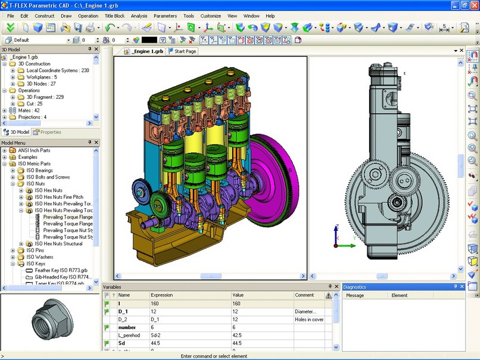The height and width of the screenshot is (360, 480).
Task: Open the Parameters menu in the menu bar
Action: (x=165, y=15)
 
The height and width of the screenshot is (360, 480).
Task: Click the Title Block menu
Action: (x=114, y=15)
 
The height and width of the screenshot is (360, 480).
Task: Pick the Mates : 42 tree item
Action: (x=29, y=111)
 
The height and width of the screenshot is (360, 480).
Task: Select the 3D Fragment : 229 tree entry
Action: (x=45, y=97)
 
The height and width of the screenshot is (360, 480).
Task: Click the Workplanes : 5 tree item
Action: (x=42, y=77)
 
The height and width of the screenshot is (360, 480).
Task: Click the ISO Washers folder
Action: (x=40, y=257)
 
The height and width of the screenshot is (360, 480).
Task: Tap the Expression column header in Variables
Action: (x=162, y=295)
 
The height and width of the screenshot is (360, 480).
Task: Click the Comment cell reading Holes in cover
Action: (x=310, y=320)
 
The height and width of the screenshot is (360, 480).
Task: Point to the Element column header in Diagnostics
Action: (x=399, y=295)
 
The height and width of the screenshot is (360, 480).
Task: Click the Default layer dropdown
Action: (x=36, y=40)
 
